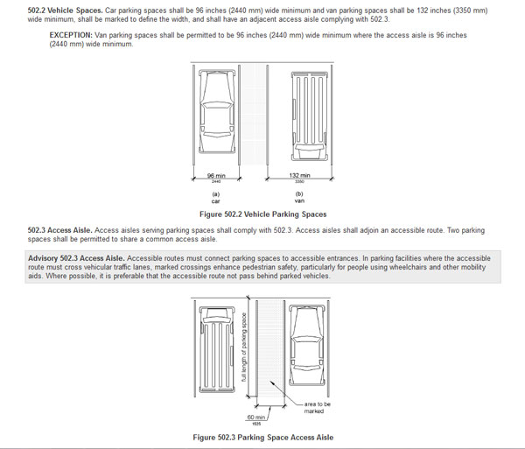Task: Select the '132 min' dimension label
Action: click(300, 176)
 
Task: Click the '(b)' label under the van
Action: click(299, 193)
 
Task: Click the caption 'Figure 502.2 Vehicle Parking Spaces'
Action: click(262, 214)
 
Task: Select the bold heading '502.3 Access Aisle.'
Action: click(61, 229)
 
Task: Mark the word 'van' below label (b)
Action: click(299, 201)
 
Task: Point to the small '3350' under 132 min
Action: click(300, 182)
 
